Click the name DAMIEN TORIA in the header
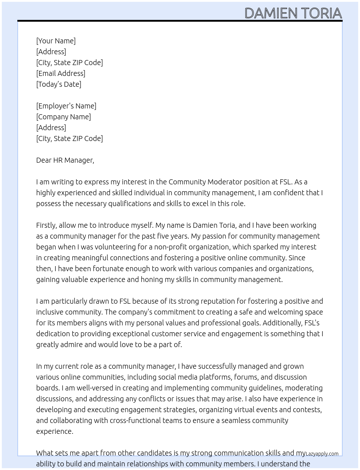293,13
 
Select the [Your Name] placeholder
56,41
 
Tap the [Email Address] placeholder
61,73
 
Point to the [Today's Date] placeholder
59,84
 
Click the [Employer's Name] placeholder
66,106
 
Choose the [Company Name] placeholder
63,117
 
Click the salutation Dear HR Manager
65,160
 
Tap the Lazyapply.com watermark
322,454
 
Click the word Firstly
46,225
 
